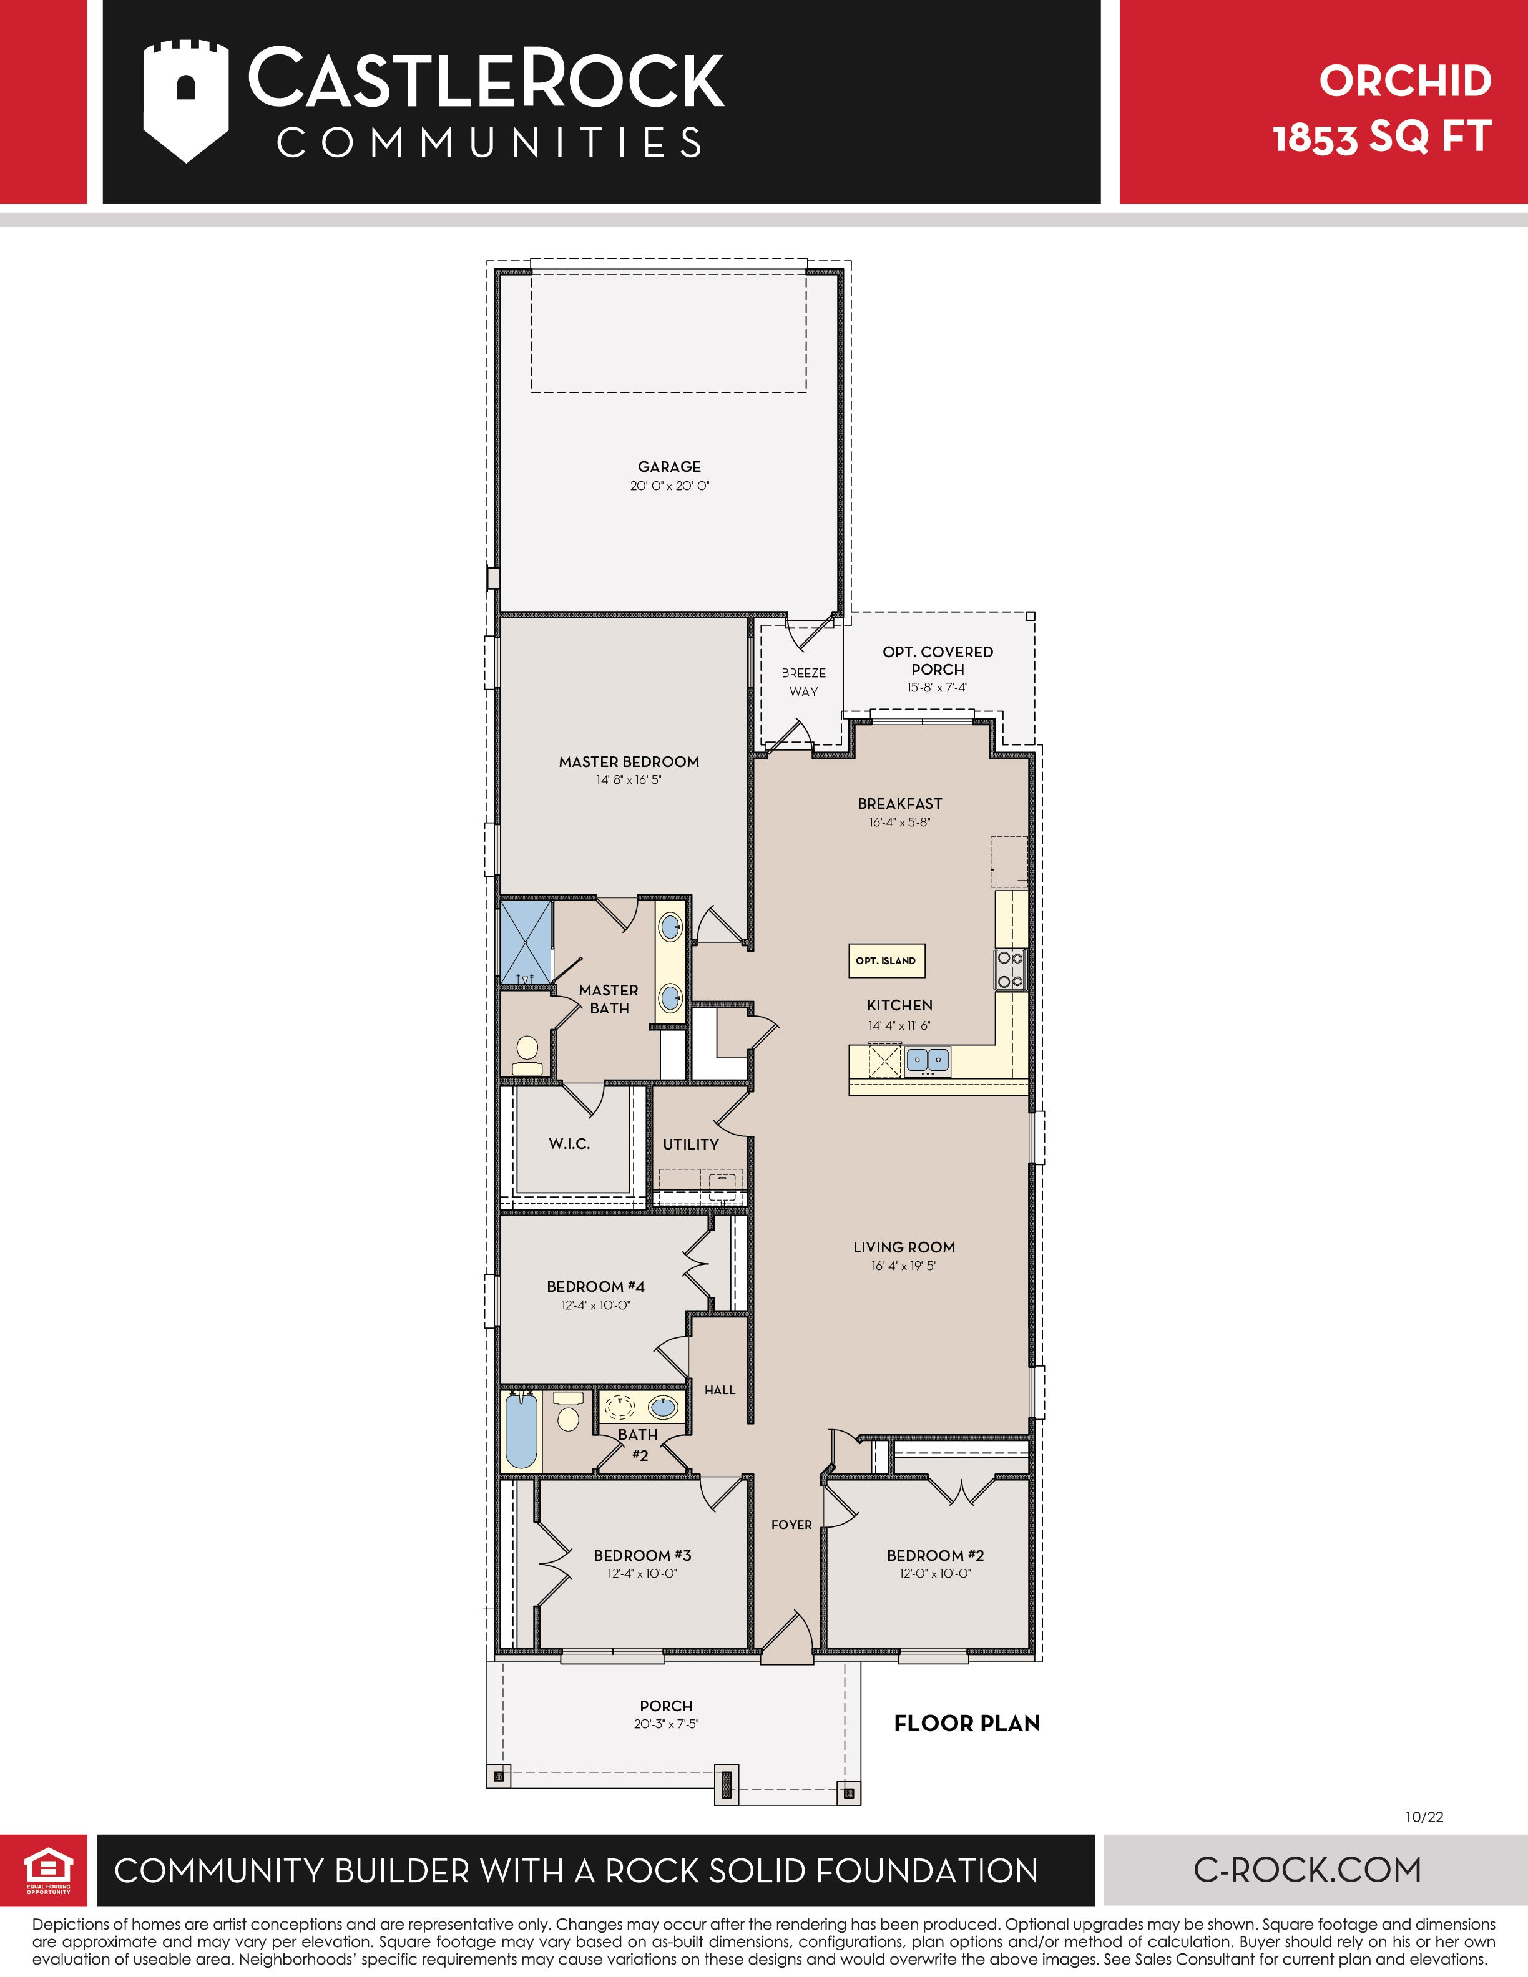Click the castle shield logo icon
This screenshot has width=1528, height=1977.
[x=185, y=100]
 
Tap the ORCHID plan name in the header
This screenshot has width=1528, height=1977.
[x=1405, y=82]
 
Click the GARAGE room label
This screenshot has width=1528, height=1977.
[x=669, y=466]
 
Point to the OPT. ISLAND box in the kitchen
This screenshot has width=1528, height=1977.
[x=886, y=960]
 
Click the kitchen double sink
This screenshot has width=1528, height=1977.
[x=927, y=1058]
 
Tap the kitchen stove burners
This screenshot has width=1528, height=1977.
[x=1010, y=970]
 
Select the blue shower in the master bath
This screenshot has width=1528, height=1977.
[x=526, y=942]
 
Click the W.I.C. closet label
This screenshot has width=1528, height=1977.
[x=569, y=1143]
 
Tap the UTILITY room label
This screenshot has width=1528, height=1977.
[x=691, y=1144]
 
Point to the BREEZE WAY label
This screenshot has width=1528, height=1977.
[x=804, y=681]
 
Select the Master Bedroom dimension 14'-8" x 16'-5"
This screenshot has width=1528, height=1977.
[x=628, y=779]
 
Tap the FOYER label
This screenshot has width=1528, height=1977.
[x=792, y=1525]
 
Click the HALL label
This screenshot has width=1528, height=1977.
[x=720, y=1390]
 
